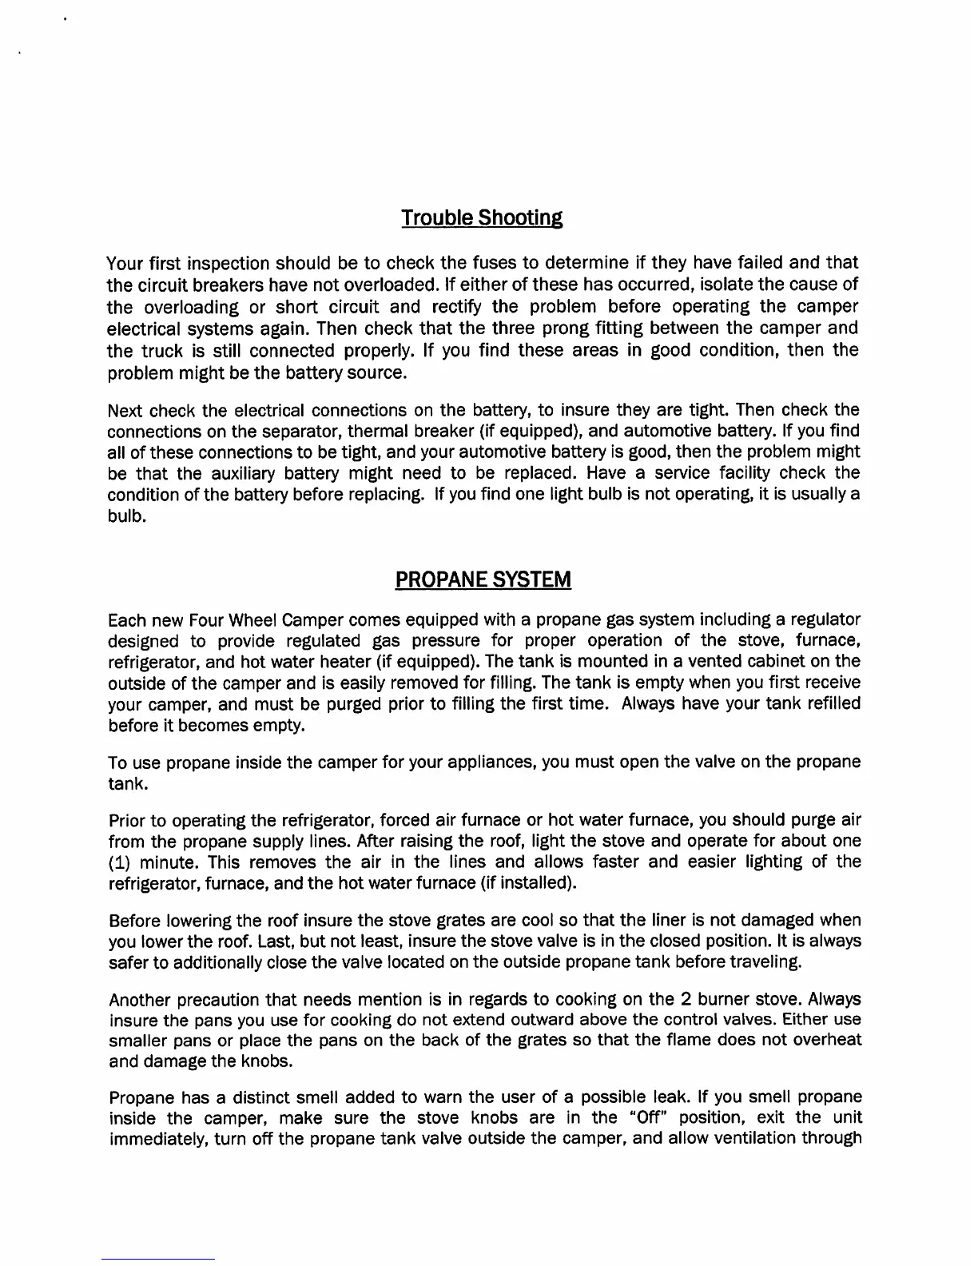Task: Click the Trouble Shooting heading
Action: pos(482,217)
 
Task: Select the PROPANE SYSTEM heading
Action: pos(483,579)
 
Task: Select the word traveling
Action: pos(765,962)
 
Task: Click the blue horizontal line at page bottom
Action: pos(158,1260)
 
